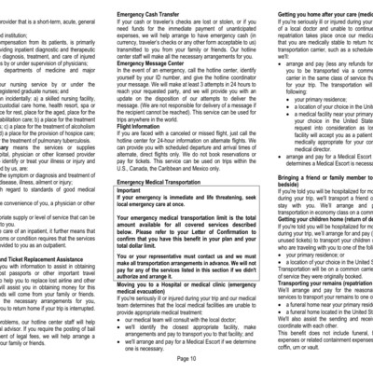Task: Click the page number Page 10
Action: pyautogui.click(x=185, y=356)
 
